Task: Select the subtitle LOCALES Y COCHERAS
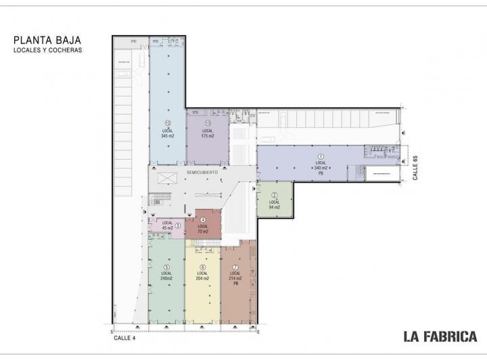click(47, 51)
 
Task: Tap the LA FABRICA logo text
click(440, 336)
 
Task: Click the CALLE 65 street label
click(414, 168)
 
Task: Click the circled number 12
click(167, 123)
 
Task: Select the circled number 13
click(207, 123)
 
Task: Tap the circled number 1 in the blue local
click(321, 156)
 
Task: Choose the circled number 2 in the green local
click(274, 195)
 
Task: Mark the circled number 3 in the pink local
click(178, 226)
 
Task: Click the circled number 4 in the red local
click(202, 219)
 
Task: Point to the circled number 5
click(166, 267)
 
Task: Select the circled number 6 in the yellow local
click(202, 267)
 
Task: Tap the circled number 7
click(235, 267)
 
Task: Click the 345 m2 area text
click(168, 136)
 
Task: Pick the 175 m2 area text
click(207, 136)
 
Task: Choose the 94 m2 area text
click(274, 207)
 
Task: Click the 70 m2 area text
click(202, 231)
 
